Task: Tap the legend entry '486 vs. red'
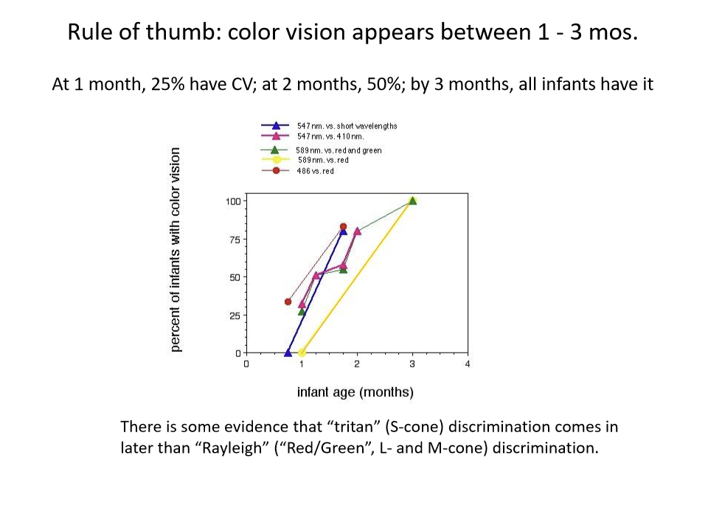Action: (315, 171)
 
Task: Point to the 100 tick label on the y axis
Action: (233, 201)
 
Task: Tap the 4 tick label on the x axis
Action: (468, 364)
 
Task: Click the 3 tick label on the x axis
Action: (412, 364)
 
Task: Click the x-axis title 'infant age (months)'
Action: (355, 392)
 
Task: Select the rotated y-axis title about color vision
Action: (176, 249)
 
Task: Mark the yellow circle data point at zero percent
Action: (302, 353)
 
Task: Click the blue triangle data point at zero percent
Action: (288, 353)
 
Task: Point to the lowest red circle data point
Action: (288, 302)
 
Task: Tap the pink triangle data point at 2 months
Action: (357, 232)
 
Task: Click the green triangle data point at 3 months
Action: (413, 201)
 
